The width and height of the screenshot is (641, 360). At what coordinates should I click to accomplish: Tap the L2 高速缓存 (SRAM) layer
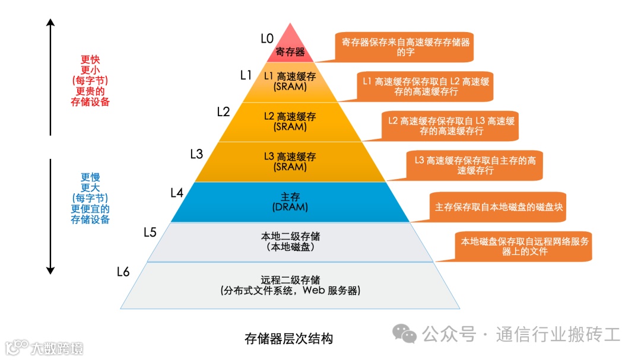pyautogui.click(x=290, y=122)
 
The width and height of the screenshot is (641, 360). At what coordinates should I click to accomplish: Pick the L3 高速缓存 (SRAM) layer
pyautogui.click(x=290, y=162)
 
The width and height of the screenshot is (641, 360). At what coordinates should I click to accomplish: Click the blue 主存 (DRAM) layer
pyautogui.click(x=290, y=202)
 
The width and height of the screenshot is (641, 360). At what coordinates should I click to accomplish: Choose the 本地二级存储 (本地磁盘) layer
pyautogui.click(x=290, y=241)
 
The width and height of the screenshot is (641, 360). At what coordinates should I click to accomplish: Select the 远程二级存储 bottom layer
pyautogui.click(x=290, y=285)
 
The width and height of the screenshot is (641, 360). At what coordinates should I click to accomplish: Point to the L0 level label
pyautogui.click(x=267, y=39)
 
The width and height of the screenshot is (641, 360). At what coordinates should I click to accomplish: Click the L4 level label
pyautogui.click(x=177, y=193)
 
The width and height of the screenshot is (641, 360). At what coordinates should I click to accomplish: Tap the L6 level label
pyautogui.click(x=123, y=272)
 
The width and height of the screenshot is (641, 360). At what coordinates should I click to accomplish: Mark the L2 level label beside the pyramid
pyautogui.click(x=223, y=111)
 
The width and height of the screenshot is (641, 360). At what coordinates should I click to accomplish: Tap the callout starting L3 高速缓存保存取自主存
pyautogui.click(x=475, y=165)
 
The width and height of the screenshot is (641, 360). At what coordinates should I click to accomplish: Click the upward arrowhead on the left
pyautogui.click(x=50, y=23)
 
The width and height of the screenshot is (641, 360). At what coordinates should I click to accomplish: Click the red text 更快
pyautogui.click(x=90, y=60)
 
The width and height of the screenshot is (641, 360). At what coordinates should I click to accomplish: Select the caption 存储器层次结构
pyautogui.click(x=289, y=339)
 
